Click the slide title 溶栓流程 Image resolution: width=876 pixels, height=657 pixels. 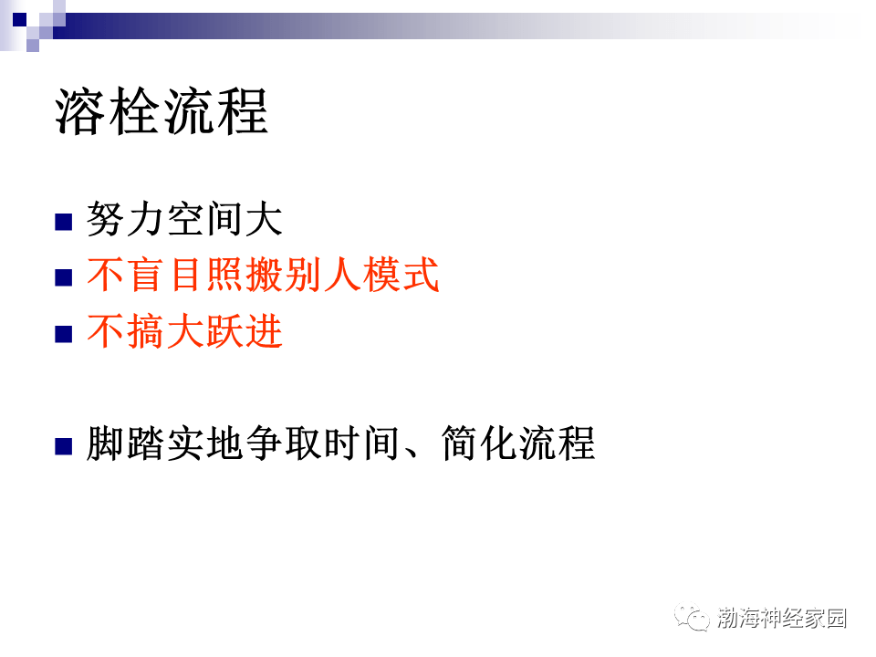tap(162, 111)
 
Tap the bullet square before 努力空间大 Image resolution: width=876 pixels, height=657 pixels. tap(63, 222)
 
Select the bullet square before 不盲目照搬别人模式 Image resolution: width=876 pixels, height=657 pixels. tap(63, 277)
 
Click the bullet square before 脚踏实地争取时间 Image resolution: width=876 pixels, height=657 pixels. tap(63, 446)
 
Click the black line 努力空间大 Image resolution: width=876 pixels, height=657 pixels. tap(184, 220)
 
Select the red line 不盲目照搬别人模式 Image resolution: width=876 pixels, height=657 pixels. tap(263, 276)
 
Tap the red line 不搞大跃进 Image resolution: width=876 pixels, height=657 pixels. tap(184, 332)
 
